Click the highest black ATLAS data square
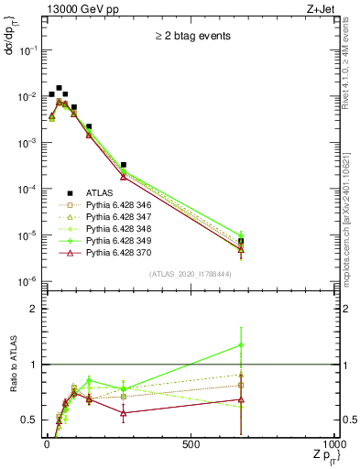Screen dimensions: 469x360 pos(59,88)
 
